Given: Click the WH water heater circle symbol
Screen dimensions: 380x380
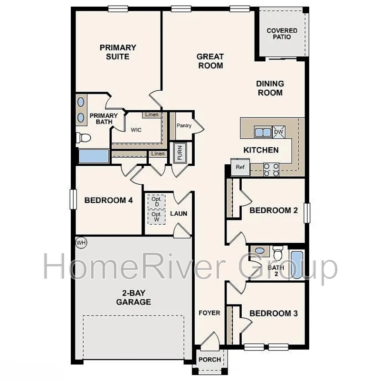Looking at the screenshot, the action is pos(81,243).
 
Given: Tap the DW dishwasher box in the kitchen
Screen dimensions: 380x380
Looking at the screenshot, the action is pos(279,132).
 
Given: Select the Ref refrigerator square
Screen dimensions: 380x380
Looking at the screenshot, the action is pos(240,167).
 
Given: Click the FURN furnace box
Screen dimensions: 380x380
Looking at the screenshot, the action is pos(180,152).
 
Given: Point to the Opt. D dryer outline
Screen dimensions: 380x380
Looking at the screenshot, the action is pos(157,201).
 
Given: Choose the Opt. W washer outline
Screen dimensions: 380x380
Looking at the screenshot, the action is pos(157,217).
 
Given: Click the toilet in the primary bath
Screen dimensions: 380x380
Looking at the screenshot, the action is pos(83,138).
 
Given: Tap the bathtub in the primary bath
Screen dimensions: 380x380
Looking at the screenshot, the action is pos(94,156).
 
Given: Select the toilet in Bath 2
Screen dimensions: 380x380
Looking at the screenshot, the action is pos(278,253).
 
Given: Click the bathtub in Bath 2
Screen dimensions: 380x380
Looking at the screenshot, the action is pos(297,265).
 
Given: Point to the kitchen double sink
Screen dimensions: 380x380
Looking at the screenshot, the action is pos(263,132).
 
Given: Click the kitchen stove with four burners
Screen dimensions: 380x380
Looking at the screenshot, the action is pos(271,170).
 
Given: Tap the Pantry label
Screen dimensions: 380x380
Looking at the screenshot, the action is pos(184,125).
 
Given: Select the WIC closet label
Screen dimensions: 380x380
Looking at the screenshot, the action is pos(136,130).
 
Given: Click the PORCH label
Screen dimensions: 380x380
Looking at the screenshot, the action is pos(210,360).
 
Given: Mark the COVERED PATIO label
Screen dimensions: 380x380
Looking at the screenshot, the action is pos(282,34).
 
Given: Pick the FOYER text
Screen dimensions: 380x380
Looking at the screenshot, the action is pos(209,313).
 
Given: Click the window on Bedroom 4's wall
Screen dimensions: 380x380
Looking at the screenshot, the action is pos(73,199).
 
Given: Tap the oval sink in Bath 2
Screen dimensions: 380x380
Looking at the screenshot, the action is pos(259,251).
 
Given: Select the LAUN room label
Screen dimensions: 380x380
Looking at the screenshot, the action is pos(179,213).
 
